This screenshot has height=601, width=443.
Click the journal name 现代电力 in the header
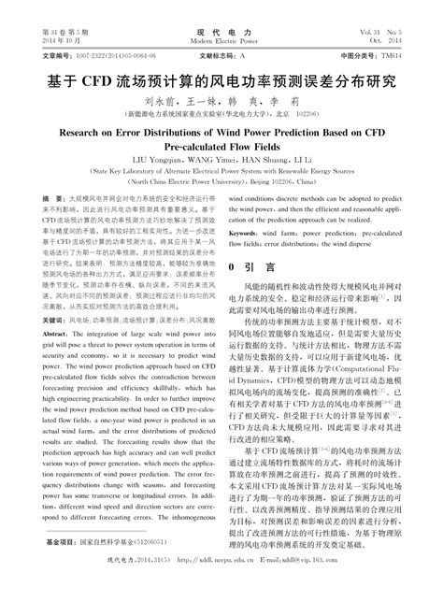(x=221, y=32)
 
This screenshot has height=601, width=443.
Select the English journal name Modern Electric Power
(x=221, y=42)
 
